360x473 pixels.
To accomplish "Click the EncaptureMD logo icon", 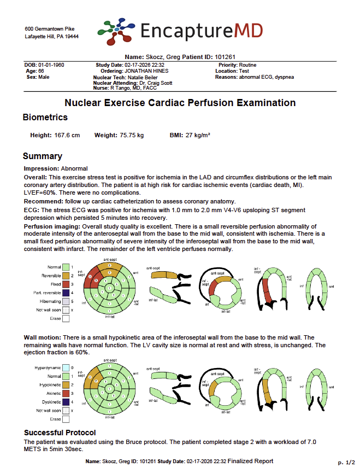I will pos(116,31).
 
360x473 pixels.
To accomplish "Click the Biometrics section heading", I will pos(45,118).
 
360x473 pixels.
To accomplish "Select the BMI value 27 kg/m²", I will pos(198,135).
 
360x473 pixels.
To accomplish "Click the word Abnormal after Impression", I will pos(74,168).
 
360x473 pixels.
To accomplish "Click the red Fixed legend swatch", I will pos(66,284).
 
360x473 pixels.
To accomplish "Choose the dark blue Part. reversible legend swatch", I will pos(66,293).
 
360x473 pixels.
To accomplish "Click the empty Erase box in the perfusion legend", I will pos(66,318).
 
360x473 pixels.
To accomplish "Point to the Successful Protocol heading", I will pos(61,433).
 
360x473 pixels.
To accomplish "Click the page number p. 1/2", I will pos(345,462).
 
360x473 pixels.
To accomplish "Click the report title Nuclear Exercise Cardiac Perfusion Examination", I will pos(180,103).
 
